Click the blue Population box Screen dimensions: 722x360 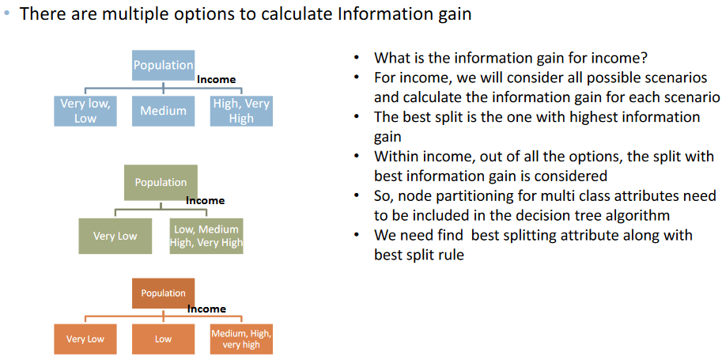tap(163, 64)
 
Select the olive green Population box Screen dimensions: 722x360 tap(161, 183)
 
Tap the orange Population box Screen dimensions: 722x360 tap(164, 294)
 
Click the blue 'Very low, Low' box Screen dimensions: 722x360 tap(85, 111)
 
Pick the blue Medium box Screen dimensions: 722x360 tap(163, 111)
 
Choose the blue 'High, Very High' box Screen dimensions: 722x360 tap(241, 111)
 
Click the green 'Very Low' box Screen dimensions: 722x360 tap(115, 236)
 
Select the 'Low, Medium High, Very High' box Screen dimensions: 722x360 tap(206, 236)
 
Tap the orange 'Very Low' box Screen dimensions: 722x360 tap(85, 339)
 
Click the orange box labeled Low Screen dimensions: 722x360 tap(164, 339)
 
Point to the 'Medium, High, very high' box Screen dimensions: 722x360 tap(242, 339)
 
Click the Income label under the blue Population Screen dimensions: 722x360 tap(217, 79)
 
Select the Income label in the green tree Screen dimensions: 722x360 tap(206, 200)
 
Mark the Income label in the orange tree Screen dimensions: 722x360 tap(206, 309)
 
